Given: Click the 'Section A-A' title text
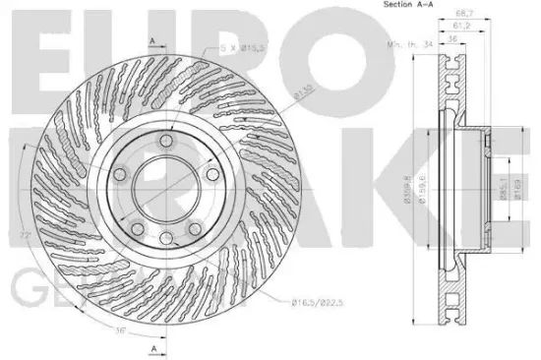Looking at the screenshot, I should click(399, 9).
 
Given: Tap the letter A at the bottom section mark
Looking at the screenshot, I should click(152, 347).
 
